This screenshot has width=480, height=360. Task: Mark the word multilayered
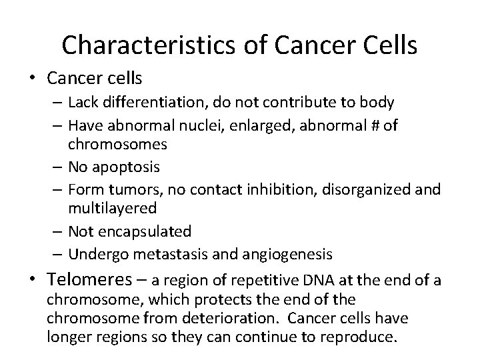112,208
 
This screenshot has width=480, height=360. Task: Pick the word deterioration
219,319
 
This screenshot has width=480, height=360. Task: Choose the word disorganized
376,189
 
